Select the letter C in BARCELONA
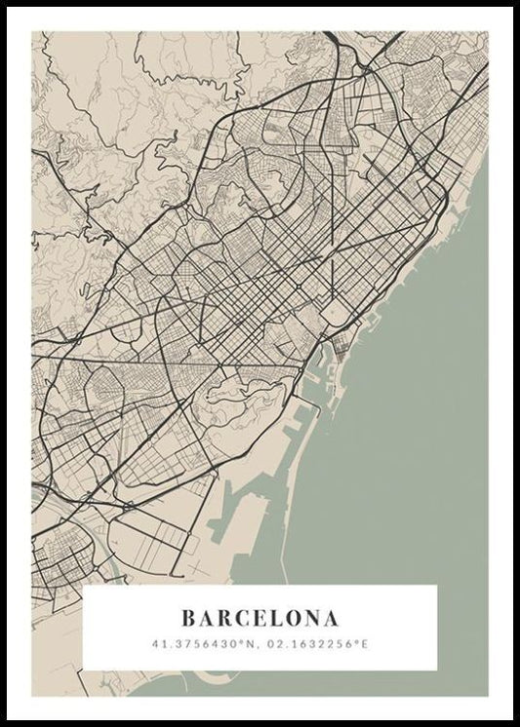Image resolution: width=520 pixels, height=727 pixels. [245, 618]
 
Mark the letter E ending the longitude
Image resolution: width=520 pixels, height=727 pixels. [367, 644]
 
